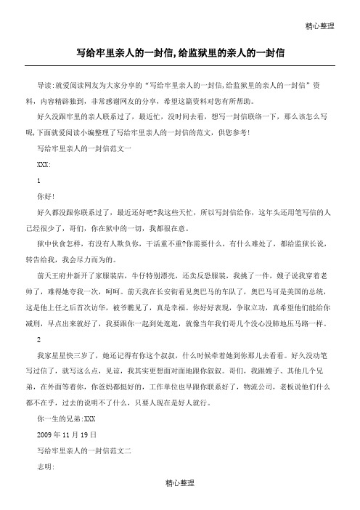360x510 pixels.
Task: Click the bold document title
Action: [x=180, y=52]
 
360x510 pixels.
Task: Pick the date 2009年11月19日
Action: [x=70, y=435]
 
